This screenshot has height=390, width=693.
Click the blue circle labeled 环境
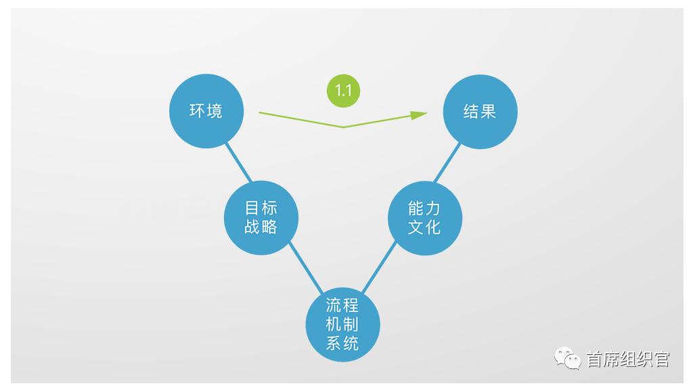point(206,111)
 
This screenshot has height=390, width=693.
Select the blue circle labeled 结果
point(480,112)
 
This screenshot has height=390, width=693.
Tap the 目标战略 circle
point(261,217)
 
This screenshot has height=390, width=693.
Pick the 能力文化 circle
point(425,218)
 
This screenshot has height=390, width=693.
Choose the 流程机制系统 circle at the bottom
point(343,324)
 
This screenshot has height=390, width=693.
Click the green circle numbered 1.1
point(343,91)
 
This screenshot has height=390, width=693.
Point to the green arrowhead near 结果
point(418,115)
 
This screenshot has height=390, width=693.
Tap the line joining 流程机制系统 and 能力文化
point(379,267)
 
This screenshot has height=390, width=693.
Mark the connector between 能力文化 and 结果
point(447,162)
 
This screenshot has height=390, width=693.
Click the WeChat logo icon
point(568,358)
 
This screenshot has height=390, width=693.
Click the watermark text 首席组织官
point(628,359)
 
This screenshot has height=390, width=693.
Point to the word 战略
point(261,226)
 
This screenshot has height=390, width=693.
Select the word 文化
point(424,227)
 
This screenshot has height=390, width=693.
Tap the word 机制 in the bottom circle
point(342,324)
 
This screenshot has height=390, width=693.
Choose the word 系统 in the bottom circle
point(342,343)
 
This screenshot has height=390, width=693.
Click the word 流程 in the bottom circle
point(342,305)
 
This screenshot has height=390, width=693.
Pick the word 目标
point(261,207)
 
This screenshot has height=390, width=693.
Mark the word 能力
point(424,208)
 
